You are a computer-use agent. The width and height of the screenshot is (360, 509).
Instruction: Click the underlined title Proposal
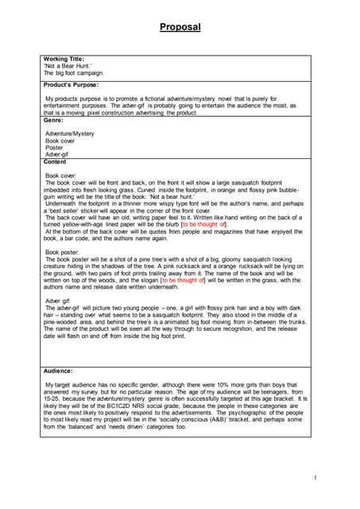tap(180, 27)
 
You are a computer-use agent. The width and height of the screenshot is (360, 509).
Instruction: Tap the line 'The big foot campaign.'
tap(74, 72)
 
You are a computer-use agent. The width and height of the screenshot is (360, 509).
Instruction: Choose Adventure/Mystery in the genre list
tap(70, 134)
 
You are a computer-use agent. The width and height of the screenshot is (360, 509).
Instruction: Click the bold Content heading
tap(56, 161)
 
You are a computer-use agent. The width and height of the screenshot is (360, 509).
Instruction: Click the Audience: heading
tap(59, 371)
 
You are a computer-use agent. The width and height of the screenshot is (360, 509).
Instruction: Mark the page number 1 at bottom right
tap(315, 477)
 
